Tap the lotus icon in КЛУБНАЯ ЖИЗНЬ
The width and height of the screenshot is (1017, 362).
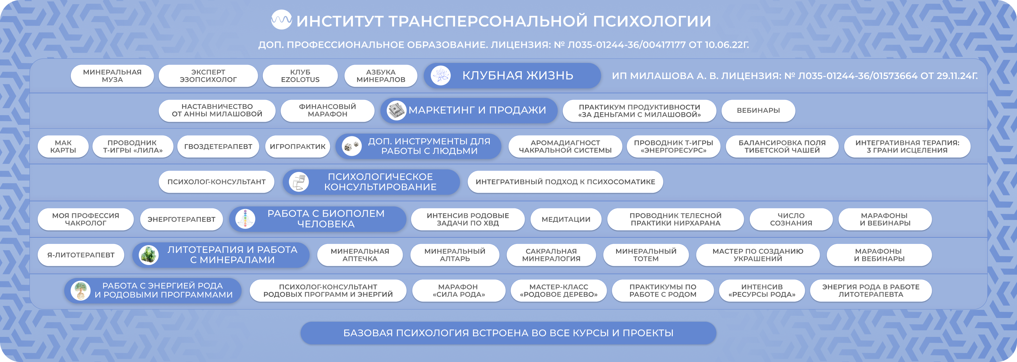pyautogui.click(x=441, y=76)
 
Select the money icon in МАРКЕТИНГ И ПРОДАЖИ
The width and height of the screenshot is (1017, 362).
pyautogui.click(x=396, y=110)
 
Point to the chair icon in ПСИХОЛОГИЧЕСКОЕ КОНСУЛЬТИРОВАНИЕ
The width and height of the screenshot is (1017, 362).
pyautogui.click(x=299, y=182)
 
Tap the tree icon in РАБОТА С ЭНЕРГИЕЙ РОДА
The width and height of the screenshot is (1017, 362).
pyautogui.click(x=80, y=290)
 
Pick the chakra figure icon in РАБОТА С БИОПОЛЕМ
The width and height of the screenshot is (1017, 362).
pyautogui.click(x=245, y=219)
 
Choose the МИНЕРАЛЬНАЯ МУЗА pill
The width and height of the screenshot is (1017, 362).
pyautogui.click(x=112, y=76)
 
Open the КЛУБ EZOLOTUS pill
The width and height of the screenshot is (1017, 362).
pyautogui.click(x=300, y=76)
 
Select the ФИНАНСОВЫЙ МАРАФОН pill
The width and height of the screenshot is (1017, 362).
pyautogui.click(x=327, y=111)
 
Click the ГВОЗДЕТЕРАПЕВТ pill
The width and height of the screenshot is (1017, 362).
pyautogui.click(x=218, y=147)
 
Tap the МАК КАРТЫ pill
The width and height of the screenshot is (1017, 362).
pyautogui.click(x=63, y=147)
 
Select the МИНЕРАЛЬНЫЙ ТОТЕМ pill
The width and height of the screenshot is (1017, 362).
pyautogui.click(x=646, y=255)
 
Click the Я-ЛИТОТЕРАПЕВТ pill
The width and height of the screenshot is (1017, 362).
pyautogui.click(x=81, y=255)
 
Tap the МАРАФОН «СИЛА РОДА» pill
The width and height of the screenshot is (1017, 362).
pyautogui.click(x=459, y=291)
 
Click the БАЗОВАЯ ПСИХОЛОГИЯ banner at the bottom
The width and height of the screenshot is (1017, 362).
pyautogui.click(x=508, y=333)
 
